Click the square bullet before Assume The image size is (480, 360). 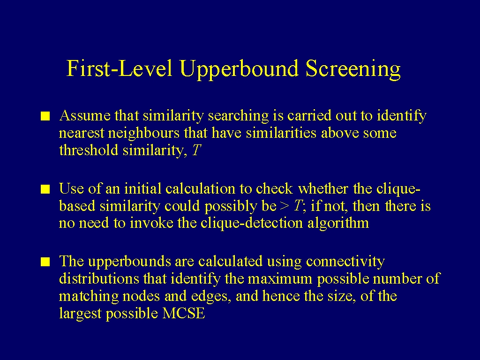click(x=45, y=117)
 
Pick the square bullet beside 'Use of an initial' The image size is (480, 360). click(x=45, y=189)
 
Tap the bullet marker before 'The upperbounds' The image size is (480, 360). click(x=45, y=262)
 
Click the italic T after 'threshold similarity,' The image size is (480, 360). click(x=196, y=150)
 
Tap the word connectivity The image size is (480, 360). click(x=345, y=262)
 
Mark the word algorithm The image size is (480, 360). click(x=338, y=223)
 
